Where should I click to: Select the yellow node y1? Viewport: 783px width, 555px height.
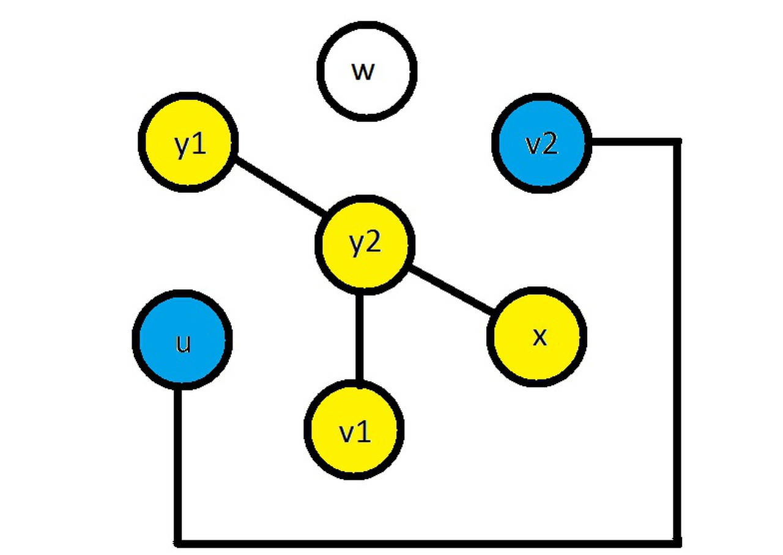tap(188, 143)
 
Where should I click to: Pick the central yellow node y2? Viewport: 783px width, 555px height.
tap(365, 244)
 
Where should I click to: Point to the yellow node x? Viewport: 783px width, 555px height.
tap(537, 336)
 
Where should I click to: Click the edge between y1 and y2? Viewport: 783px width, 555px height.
tap(281, 187)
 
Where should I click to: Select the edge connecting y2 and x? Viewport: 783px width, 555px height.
tap(451, 291)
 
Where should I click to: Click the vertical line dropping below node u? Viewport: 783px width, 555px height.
tap(178, 465)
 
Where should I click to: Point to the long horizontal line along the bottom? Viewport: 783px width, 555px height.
tap(428, 542)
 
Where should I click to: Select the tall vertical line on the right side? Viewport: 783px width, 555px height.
tap(677, 343)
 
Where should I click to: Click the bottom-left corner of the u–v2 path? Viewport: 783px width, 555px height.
tap(178, 542)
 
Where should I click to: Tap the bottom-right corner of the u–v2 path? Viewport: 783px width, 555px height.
tap(677, 542)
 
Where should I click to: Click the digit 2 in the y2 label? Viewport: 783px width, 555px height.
tap(374, 243)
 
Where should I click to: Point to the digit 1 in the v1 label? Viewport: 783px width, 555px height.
tap(364, 432)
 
